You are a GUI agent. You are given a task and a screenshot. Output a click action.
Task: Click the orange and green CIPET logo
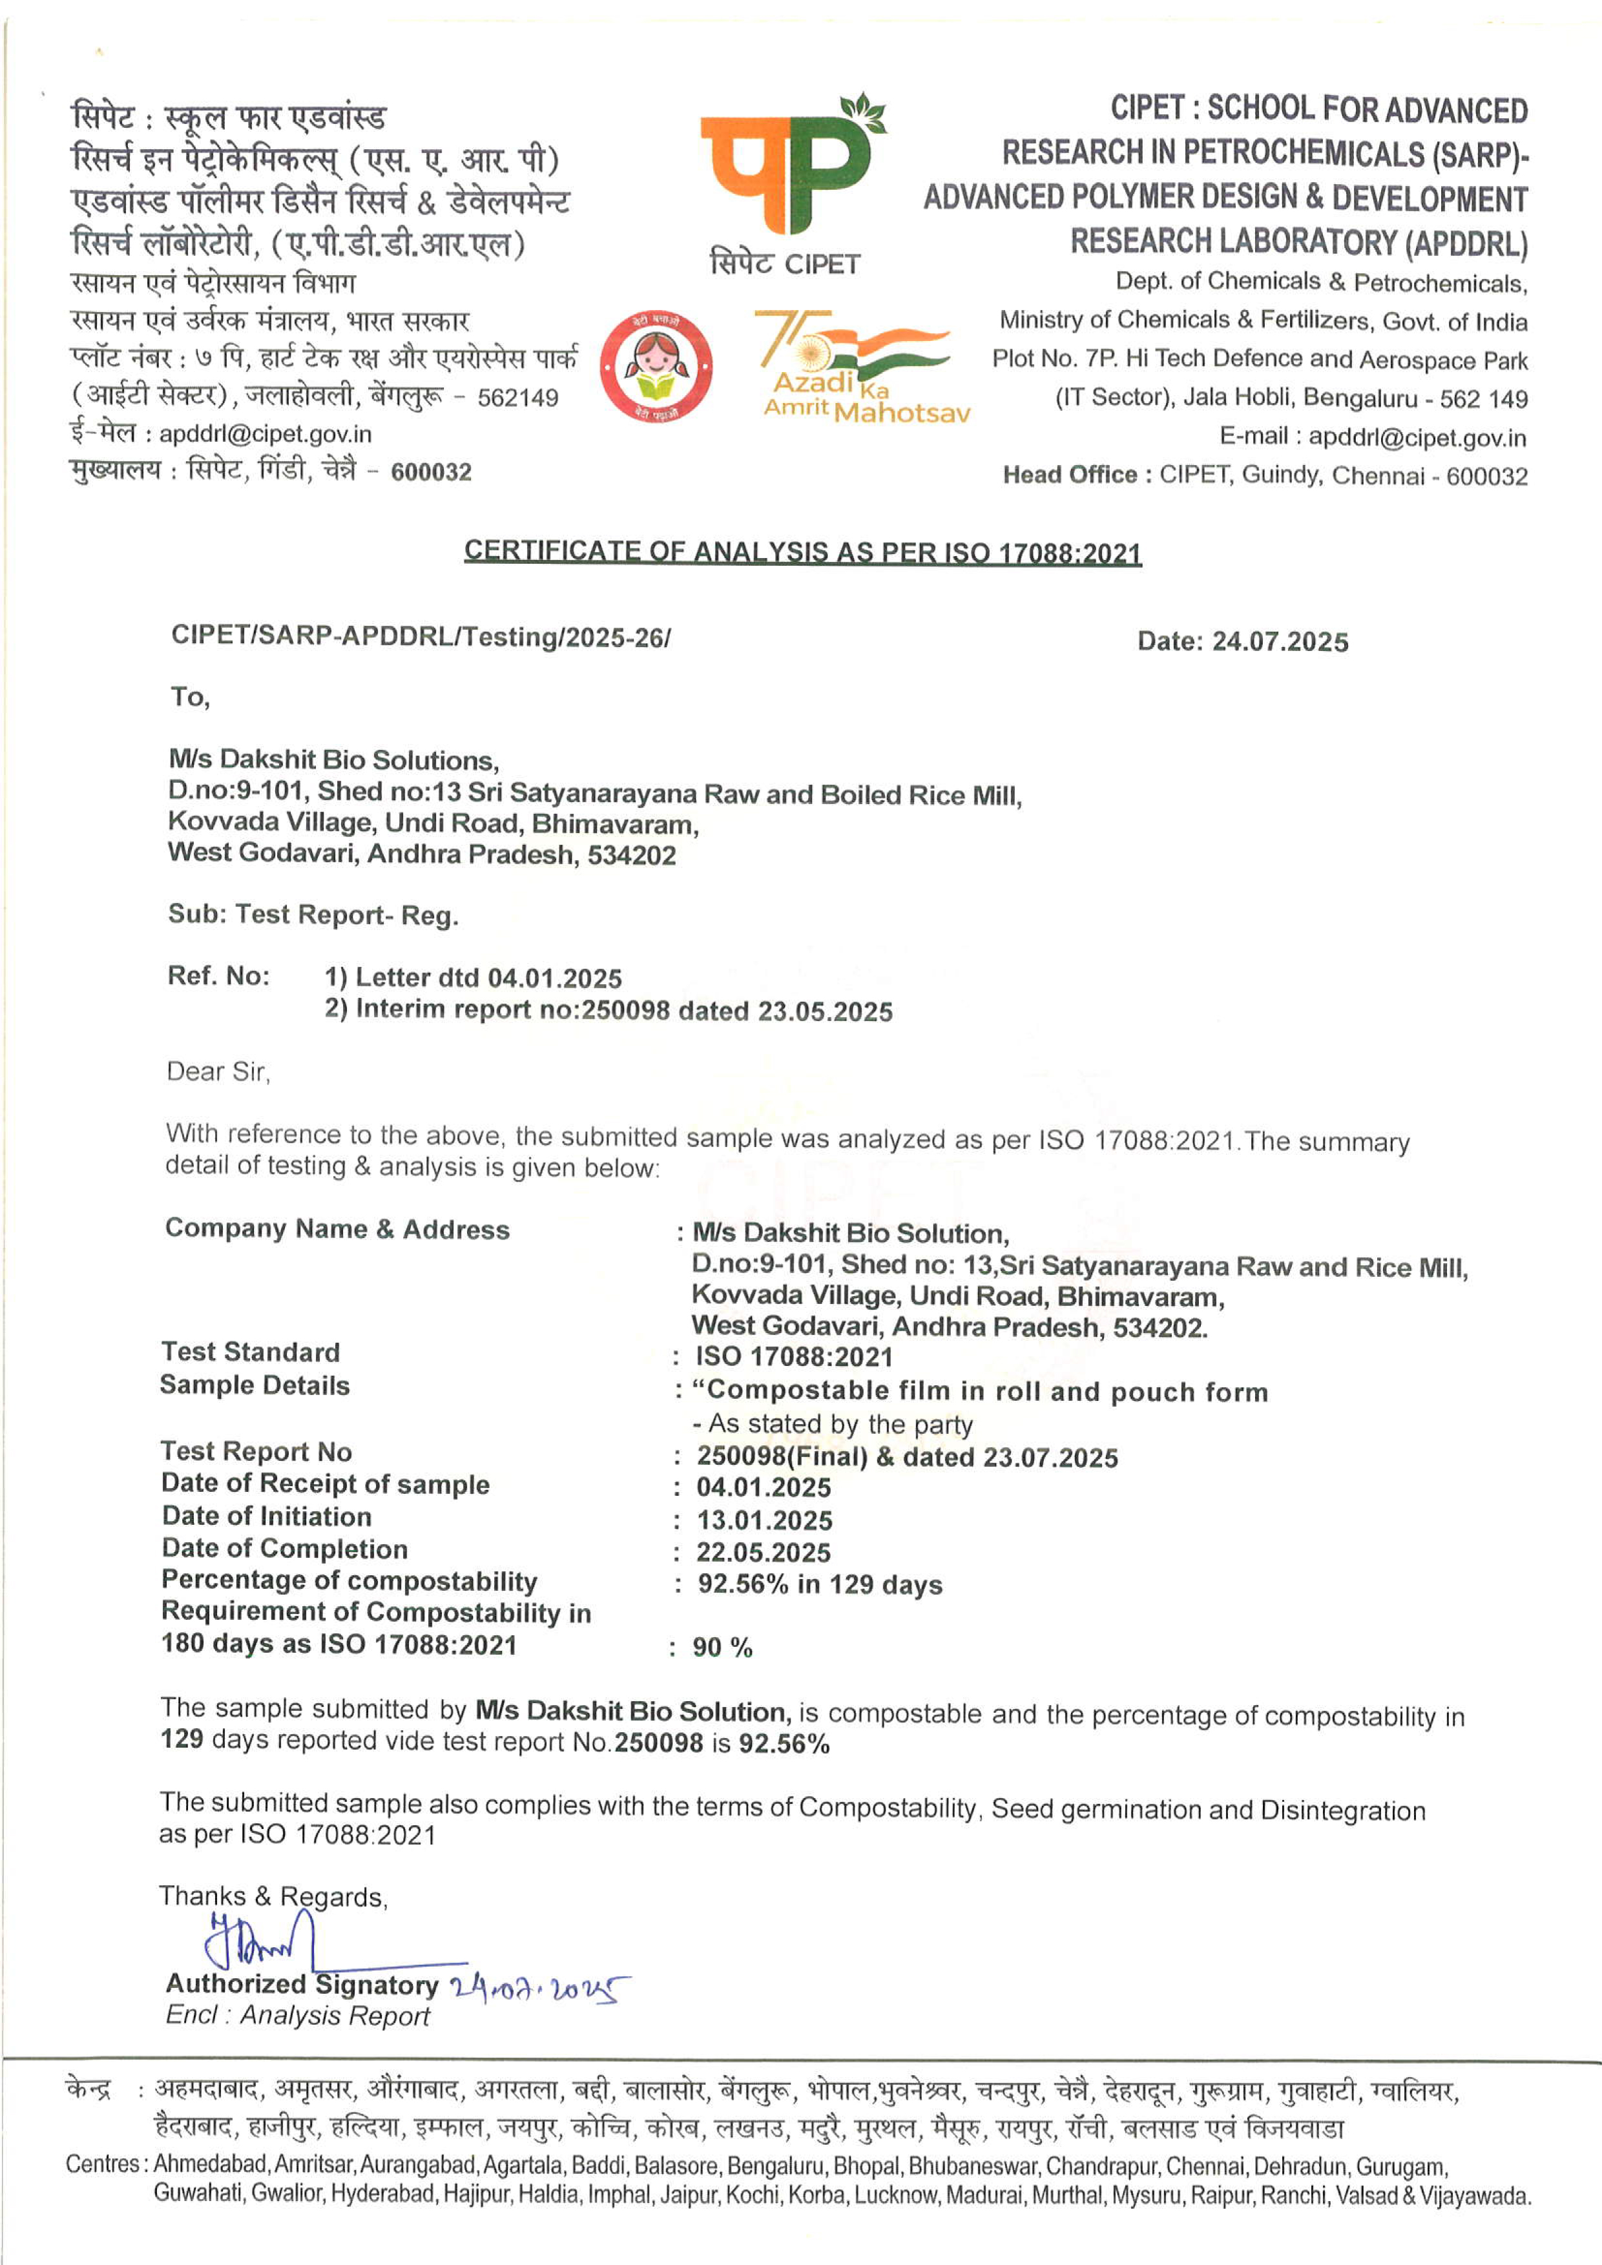click(x=789, y=168)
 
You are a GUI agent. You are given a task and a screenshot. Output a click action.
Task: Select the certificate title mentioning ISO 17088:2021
click(x=802, y=552)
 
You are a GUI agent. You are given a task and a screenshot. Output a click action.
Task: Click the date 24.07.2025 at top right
click(x=1280, y=641)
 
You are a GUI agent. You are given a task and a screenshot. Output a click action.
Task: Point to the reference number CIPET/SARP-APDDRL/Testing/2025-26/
click(x=421, y=636)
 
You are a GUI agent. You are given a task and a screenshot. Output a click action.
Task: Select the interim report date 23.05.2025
click(x=825, y=1011)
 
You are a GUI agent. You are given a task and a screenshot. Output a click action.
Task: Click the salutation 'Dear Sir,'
click(x=218, y=1071)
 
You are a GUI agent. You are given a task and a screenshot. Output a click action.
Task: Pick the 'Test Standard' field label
click(x=251, y=1352)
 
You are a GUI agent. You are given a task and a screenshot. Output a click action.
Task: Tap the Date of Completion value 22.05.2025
click(x=764, y=1553)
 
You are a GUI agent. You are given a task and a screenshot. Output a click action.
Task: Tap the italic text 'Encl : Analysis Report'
click(x=297, y=2016)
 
